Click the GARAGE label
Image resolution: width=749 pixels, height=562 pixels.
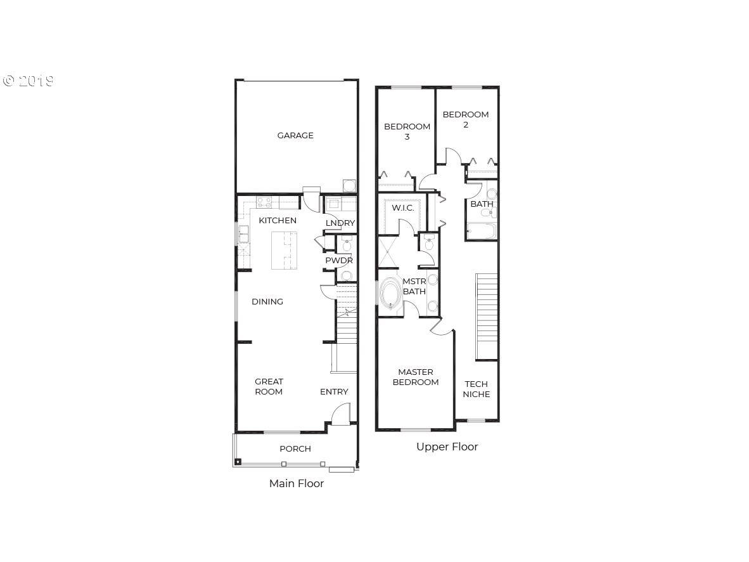(x=295, y=135)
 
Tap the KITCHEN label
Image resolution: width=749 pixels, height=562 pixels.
(x=278, y=221)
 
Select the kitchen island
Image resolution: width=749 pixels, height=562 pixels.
(x=285, y=250)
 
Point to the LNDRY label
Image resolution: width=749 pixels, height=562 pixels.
(x=340, y=223)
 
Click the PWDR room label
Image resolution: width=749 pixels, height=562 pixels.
(x=338, y=261)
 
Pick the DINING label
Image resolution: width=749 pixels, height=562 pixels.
(x=267, y=301)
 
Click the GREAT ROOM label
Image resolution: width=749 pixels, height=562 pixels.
(x=269, y=386)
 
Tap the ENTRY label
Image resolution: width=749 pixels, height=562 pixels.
(x=334, y=392)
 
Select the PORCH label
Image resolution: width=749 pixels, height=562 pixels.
(x=295, y=448)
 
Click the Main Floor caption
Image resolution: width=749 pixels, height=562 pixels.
(x=297, y=483)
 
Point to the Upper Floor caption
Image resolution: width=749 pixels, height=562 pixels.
(x=447, y=447)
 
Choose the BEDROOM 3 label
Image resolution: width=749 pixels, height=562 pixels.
(x=407, y=131)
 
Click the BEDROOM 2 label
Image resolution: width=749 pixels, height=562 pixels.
(x=466, y=120)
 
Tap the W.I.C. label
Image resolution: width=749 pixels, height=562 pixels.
(x=402, y=208)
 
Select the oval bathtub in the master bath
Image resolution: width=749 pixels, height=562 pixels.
(x=391, y=293)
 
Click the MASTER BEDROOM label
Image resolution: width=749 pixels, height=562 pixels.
(x=416, y=377)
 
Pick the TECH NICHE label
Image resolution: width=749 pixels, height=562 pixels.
(x=477, y=389)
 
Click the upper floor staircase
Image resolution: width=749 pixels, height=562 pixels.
(x=487, y=316)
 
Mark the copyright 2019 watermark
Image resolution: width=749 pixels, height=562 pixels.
(x=28, y=81)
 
